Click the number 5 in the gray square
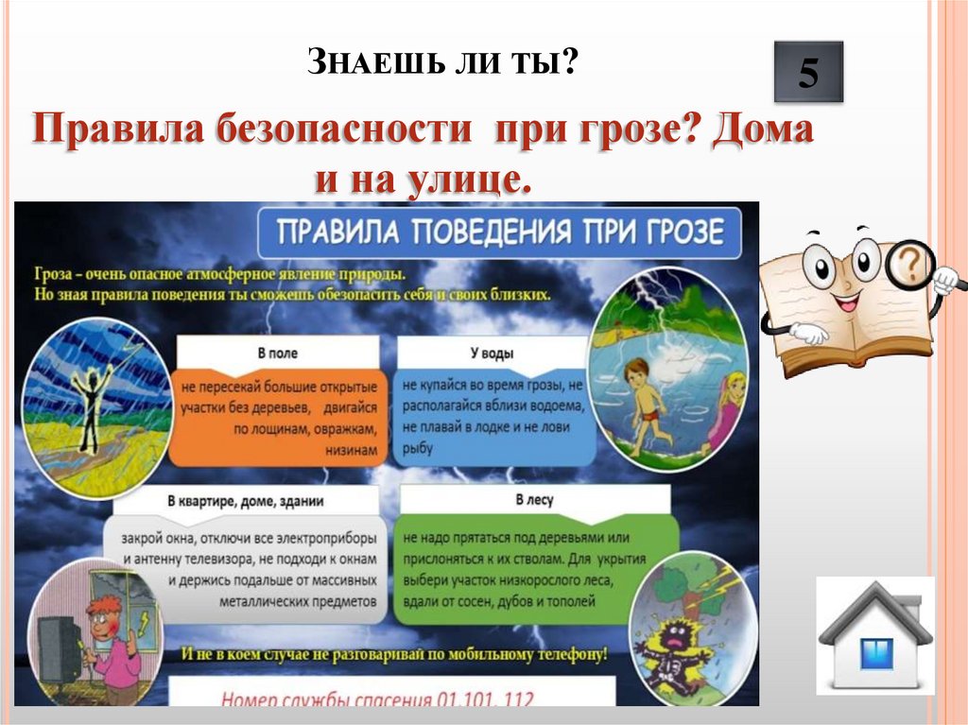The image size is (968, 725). tap(808, 73)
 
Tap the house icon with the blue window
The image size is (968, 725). tap(875, 635)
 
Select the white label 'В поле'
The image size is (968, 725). tap(278, 354)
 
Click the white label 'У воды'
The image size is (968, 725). tap(492, 354)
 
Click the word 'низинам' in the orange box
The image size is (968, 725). tap(354, 451)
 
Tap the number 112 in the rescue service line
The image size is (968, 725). tap(515, 699)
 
